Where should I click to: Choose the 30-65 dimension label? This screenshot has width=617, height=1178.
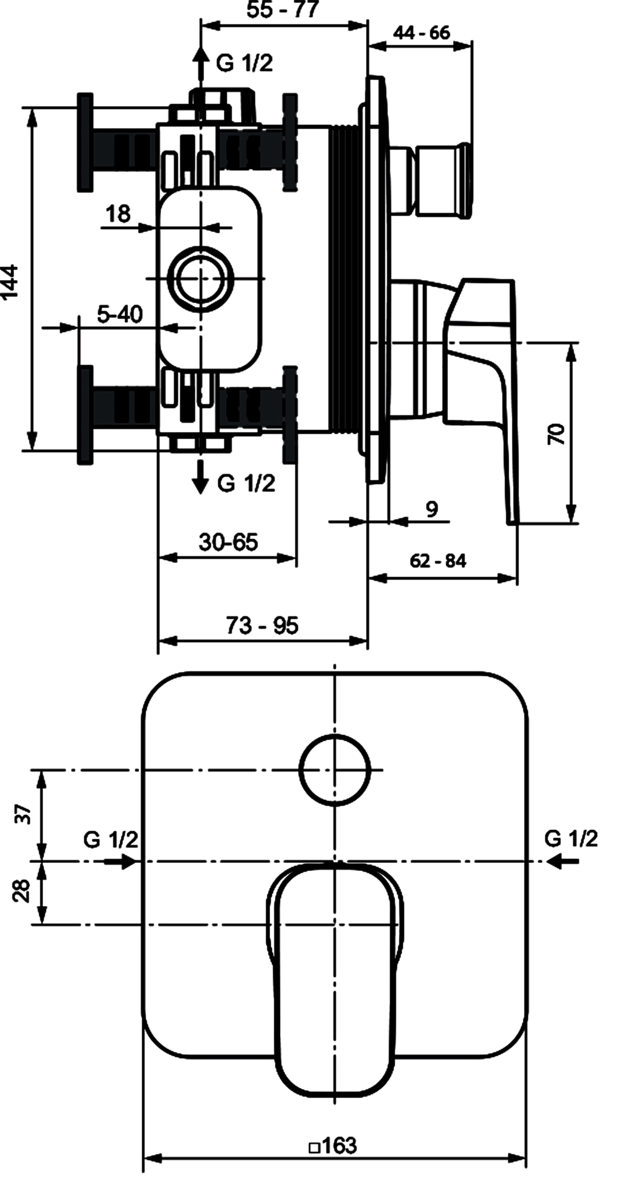(x=228, y=542)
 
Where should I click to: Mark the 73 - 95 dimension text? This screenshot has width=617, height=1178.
(x=262, y=625)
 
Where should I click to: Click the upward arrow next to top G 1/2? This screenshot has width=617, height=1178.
(x=200, y=64)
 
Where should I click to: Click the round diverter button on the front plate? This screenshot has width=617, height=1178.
(x=335, y=770)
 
